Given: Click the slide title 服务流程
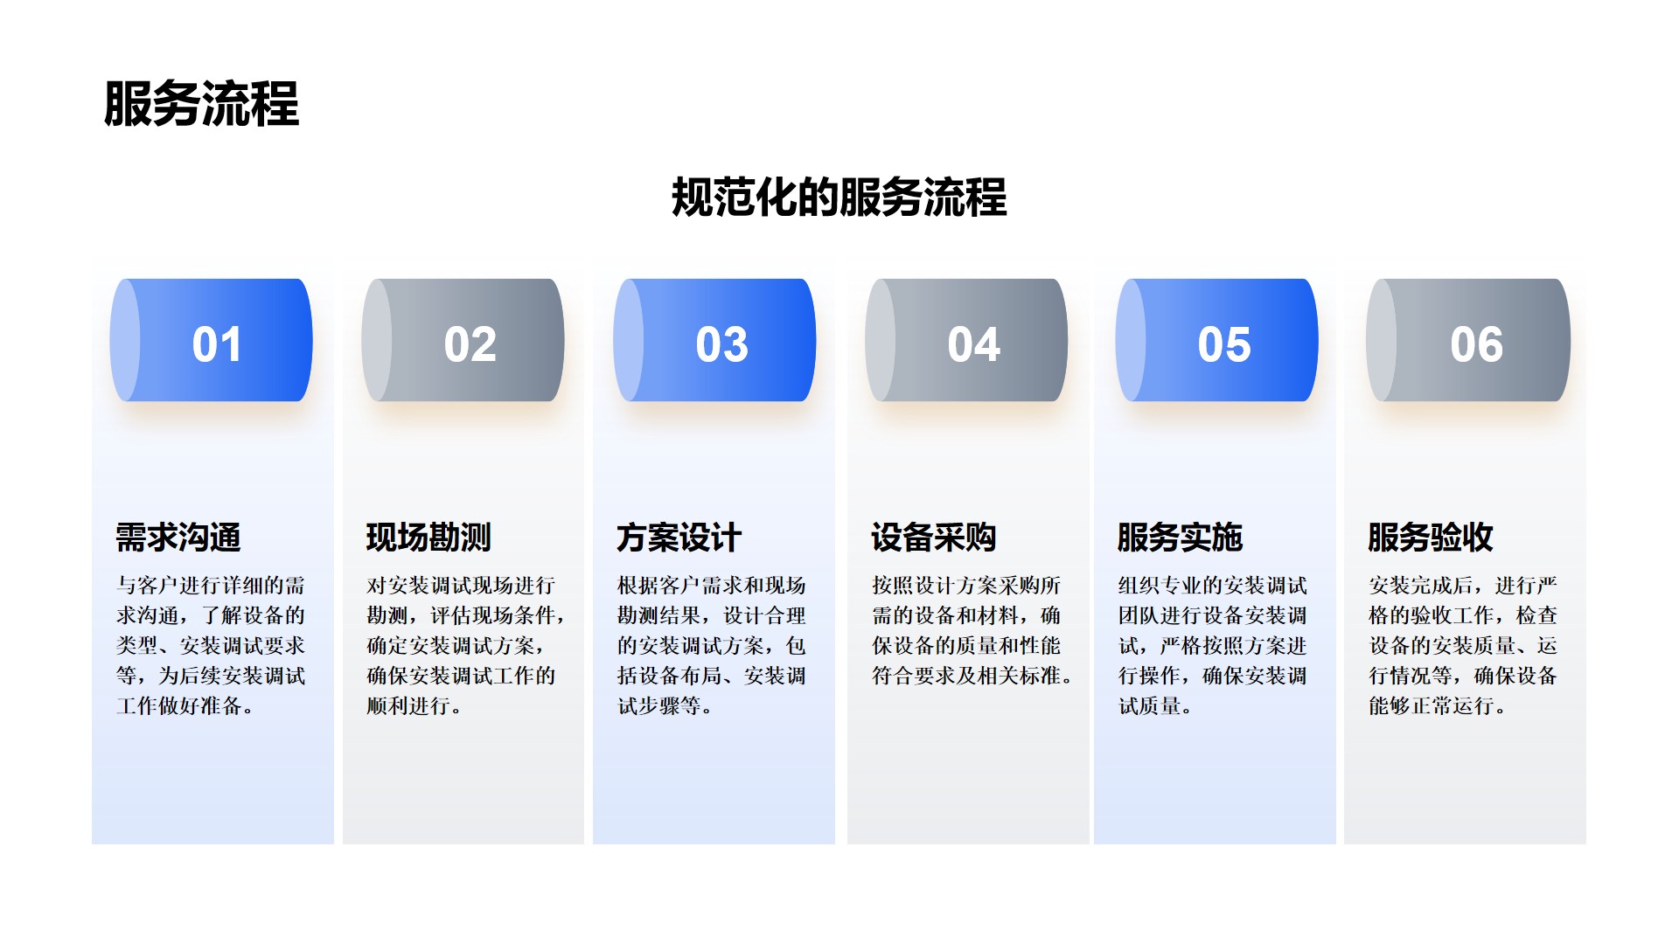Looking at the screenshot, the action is click(x=201, y=104).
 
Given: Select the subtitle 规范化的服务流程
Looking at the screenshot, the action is click(x=839, y=197).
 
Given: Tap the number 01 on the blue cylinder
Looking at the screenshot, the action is click(x=217, y=344).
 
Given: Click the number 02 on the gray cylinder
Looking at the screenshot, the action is click(x=470, y=344).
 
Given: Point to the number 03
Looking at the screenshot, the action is click(x=722, y=344).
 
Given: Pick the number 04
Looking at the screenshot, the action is click(x=974, y=344).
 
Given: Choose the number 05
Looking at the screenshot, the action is click(x=1224, y=344).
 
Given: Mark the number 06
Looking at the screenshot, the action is click(x=1477, y=344).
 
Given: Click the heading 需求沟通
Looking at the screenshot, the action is click(x=178, y=538).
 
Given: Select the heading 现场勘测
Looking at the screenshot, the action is click(x=428, y=538).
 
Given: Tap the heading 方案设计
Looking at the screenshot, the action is click(x=679, y=538).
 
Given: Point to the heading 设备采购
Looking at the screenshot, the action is click(x=934, y=538).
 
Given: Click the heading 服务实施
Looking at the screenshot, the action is click(x=1181, y=538).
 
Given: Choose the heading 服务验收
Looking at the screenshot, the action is click(x=1431, y=538).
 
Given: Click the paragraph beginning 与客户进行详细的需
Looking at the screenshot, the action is click(x=211, y=646).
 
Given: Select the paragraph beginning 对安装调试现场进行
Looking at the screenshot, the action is click(x=466, y=646).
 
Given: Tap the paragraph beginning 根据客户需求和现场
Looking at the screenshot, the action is click(x=712, y=646).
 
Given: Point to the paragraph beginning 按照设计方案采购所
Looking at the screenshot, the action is click(x=972, y=630).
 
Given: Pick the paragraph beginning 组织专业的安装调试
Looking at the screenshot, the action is click(x=1213, y=646).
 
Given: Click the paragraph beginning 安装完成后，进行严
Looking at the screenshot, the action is click(x=1463, y=646).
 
